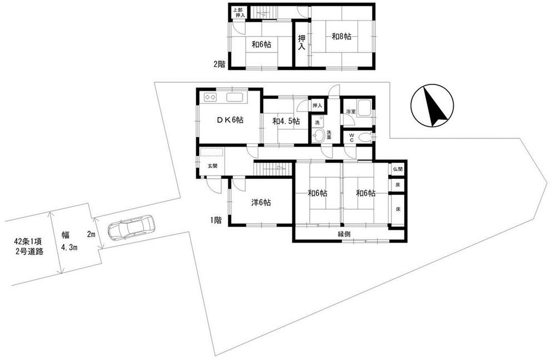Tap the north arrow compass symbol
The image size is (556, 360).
432,106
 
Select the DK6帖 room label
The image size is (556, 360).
230,120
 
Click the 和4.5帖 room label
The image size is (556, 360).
286,121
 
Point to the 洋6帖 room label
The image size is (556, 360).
261,203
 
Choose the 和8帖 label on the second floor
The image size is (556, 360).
341,36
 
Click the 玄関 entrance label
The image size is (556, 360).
212,166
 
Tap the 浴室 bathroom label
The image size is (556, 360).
351,111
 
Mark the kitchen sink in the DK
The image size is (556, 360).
235,97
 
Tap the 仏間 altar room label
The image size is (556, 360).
398,169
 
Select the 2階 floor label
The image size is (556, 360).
219,64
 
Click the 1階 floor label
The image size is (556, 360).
216,220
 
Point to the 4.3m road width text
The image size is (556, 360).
69,247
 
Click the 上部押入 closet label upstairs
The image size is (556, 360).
239,13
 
